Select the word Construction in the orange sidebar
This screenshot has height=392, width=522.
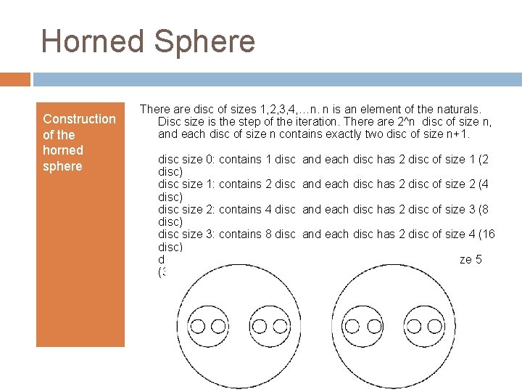point(79,118)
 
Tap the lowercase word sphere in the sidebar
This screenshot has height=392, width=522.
point(63,166)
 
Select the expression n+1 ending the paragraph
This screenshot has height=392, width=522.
point(457,134)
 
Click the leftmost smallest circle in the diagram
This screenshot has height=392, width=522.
point(197,325)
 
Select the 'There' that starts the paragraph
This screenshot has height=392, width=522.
point(154,109)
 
